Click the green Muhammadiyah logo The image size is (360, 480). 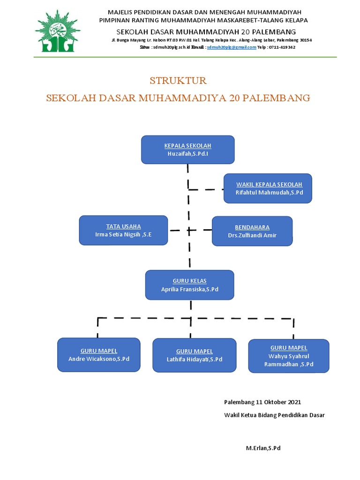pos(57,30)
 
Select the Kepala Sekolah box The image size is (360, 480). pos(187,150)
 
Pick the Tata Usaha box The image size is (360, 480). pos(123,230)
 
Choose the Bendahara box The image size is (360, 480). pos(252,231)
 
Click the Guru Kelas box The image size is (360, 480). pos(189,285)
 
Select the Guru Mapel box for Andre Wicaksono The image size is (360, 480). pos(98,354)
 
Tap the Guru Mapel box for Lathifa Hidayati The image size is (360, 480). pos(194,355)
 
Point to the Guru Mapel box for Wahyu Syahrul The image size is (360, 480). pos(288,356)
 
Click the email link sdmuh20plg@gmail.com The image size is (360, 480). pos(232,47)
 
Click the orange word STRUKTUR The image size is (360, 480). pos(178,81)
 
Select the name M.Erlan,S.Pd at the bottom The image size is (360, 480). pos(263,448)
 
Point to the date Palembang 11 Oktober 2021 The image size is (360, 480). pos(262,402)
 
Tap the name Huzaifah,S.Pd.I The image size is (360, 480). pos(187,154)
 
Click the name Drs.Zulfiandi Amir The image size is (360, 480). pos(252,235)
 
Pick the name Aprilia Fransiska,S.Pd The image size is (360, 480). pos(190,290)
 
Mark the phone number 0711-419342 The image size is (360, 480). pos(282,47)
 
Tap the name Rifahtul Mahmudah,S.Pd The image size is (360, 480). pos(269,193)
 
